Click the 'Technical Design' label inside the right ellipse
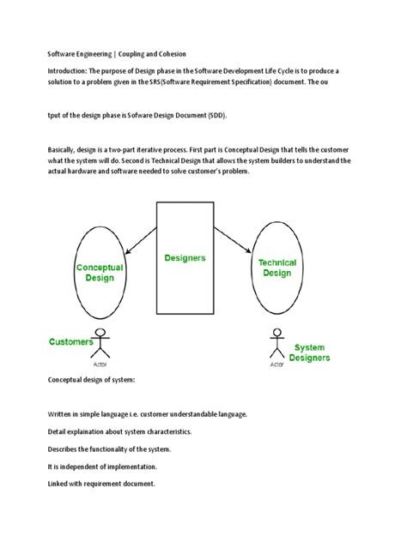pos(277,268)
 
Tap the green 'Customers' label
pos(70,341)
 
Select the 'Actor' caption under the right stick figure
pos(276,364)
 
